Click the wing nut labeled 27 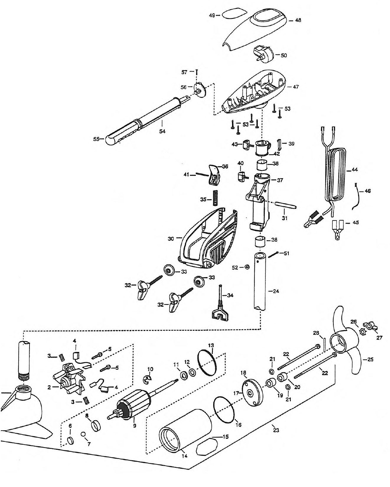[369, 326]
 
